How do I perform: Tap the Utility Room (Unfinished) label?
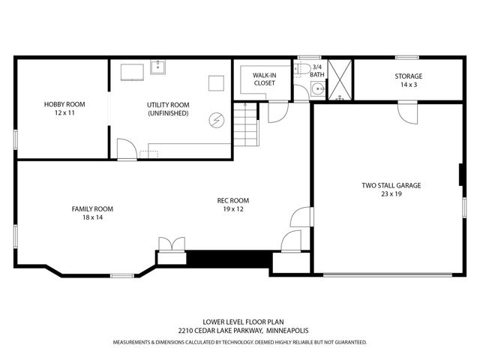coord(168,109)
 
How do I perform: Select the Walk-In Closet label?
coord(265,79)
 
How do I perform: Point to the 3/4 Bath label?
coord(317,70)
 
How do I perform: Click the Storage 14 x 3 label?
coord(409,80)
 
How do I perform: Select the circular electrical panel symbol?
coord(217,120)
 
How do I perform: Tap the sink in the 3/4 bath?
coord(318,89)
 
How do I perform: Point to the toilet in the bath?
coord(301,68)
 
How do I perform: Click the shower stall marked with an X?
coord(340,79)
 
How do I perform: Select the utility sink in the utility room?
coord(157,67)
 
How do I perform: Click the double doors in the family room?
coord(172,244)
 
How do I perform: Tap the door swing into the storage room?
coord(408,112)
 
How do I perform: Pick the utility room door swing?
coord(127,149)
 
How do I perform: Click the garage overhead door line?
coord(388,275)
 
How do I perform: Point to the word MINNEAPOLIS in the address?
coord(287,331)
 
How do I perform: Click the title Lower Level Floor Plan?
coord(243,322)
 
